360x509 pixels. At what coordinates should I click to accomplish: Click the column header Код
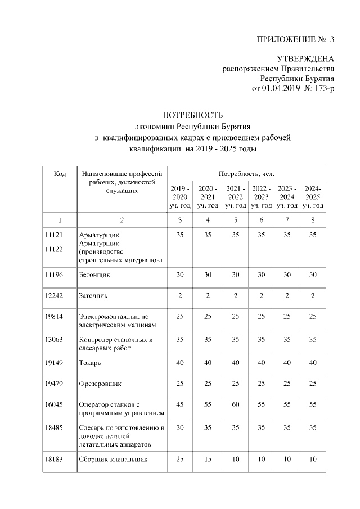(x=60, y=174)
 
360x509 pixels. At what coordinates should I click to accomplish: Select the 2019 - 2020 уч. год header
(x=180, y=197)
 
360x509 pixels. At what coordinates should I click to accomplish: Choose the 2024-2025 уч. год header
(x=313, y=197)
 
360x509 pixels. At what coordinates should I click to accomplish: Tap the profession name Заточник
(x=93, y=295)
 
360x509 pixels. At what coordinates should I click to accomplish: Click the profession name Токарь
(x=90, y=363)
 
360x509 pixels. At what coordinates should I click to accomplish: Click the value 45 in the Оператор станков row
(x=180, y=405)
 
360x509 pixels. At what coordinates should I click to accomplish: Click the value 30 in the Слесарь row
(x=180, y=427)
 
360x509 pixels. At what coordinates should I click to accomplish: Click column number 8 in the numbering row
(x=313, y=219)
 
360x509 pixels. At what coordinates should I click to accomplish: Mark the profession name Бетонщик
(x=94, y=275)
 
